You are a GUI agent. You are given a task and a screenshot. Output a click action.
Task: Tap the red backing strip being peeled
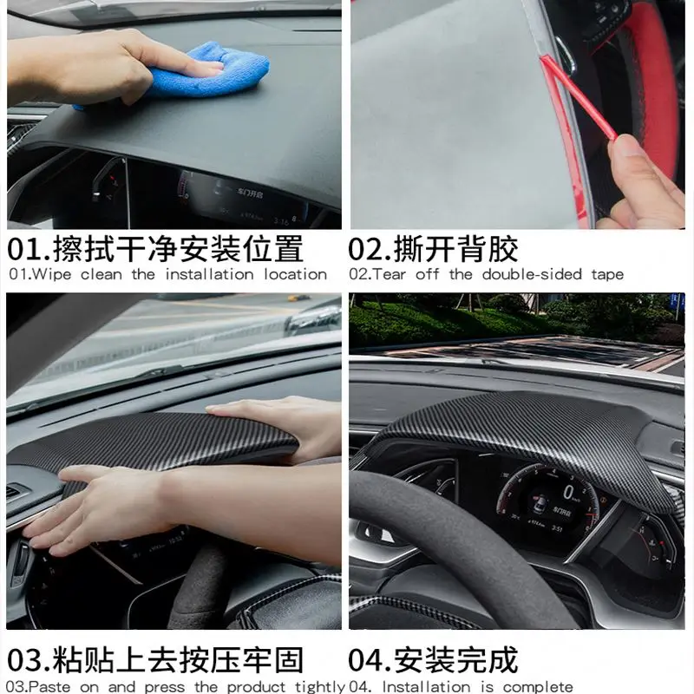click(x=577, y=95)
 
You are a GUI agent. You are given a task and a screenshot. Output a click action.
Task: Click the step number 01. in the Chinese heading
click(x=29, y=249)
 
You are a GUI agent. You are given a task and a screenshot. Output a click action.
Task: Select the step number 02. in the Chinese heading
click(x=370, y=249)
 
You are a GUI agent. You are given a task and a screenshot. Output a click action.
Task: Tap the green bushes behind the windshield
click(x=486, y=317)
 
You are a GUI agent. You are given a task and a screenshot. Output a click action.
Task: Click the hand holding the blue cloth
click(x=113, y=65)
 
